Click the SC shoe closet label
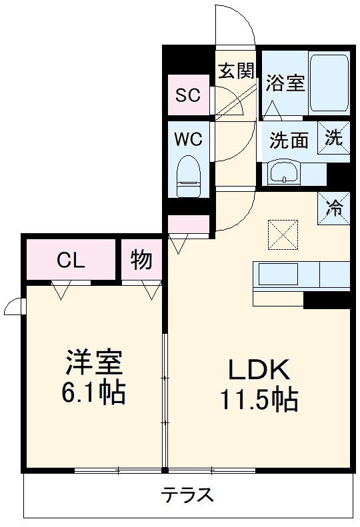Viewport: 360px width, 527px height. click(187, 95)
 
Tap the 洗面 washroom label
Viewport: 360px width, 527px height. click(289, 140)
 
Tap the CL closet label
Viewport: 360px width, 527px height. click(71, 261)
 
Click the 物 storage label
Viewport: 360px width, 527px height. click(141, 261)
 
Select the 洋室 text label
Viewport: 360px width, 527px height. click(93, 364)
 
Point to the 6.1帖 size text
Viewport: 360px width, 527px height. click(94, 394)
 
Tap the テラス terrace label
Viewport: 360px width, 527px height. click(187, 494)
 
